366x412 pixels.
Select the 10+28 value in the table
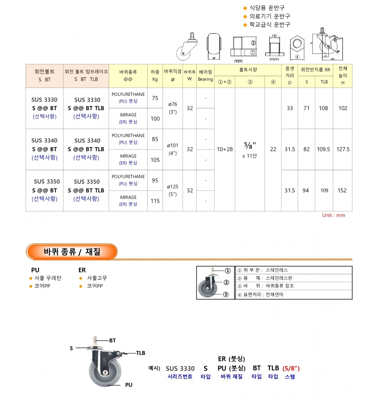pos(225,149)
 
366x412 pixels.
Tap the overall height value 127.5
pos(343,149)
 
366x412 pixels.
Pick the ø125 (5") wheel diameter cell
pos(173,191)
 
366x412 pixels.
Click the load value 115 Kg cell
pos(155,201)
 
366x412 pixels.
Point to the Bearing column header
pos(205,76)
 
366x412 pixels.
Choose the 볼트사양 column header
pos(248,70)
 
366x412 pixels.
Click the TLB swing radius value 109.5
pos(324,149)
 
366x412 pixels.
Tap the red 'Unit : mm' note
pos(334,215)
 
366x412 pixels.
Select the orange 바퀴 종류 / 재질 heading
pos(72,252)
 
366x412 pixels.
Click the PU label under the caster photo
pos(129,385)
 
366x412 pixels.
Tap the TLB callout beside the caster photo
pos(140,353)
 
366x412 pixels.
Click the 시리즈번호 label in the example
pos(180,377)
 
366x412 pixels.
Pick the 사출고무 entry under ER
pos(97,278)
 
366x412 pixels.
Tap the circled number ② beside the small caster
pos(226,282)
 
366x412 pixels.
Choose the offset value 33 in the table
pos(289,108)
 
